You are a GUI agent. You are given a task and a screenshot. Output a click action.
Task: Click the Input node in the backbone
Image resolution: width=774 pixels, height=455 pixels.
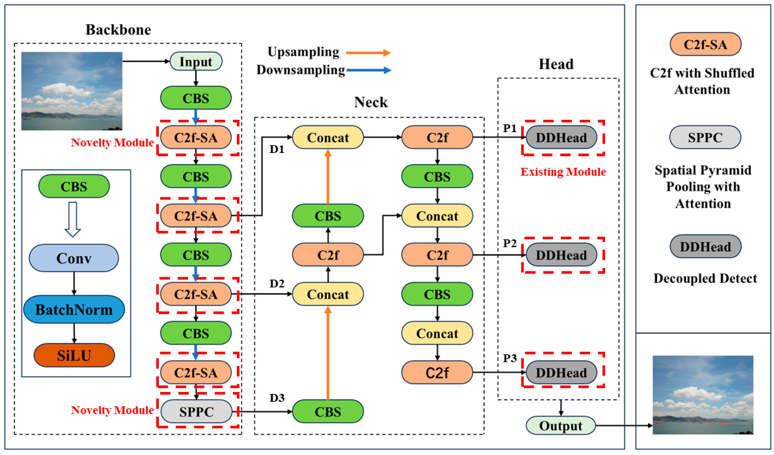coord(196,61)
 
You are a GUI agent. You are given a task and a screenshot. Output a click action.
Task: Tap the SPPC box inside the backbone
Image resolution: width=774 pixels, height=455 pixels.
coord(196,411)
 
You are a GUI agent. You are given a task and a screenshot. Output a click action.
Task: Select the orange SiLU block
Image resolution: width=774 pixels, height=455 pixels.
coord(74,355)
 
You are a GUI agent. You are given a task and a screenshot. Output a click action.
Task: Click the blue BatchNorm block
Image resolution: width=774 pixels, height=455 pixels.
coord(74,309)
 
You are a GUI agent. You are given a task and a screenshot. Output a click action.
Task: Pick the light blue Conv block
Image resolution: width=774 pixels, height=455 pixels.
coord(74,258)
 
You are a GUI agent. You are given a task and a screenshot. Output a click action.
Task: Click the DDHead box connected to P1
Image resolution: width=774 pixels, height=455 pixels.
coord(561,138)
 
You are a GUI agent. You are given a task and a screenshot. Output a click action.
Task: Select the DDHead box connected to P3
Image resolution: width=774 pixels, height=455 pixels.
coord(561,373)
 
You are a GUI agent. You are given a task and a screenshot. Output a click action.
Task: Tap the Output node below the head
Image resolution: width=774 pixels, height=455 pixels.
coord(560,426)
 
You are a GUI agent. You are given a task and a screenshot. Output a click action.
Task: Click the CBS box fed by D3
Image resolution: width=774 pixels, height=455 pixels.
coord(328,411)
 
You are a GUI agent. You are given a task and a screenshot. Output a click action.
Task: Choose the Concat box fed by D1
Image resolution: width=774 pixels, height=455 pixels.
coord(328,138)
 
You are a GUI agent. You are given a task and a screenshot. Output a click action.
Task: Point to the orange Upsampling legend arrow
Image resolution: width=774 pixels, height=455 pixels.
coord(368,53)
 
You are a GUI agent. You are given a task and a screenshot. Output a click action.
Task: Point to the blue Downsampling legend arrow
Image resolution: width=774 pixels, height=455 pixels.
coord(369,70)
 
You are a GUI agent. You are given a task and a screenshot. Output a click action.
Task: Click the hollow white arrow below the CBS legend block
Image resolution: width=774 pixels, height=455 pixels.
coord(73,219)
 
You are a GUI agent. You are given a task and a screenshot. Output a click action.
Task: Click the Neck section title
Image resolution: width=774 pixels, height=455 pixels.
coord(371,102)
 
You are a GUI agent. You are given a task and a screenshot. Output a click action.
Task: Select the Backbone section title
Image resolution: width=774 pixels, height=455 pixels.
coord(118,30)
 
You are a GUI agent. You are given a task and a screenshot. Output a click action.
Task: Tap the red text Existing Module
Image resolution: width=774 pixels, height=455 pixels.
coord(563,172)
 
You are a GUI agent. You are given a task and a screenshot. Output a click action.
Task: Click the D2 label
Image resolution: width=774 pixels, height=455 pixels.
coord(277,284)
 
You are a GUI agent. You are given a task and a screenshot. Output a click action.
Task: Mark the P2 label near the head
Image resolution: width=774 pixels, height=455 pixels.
coord(510,243)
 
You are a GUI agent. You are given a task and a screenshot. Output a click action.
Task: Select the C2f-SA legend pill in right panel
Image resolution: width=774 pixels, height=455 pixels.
coord(705,44)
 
